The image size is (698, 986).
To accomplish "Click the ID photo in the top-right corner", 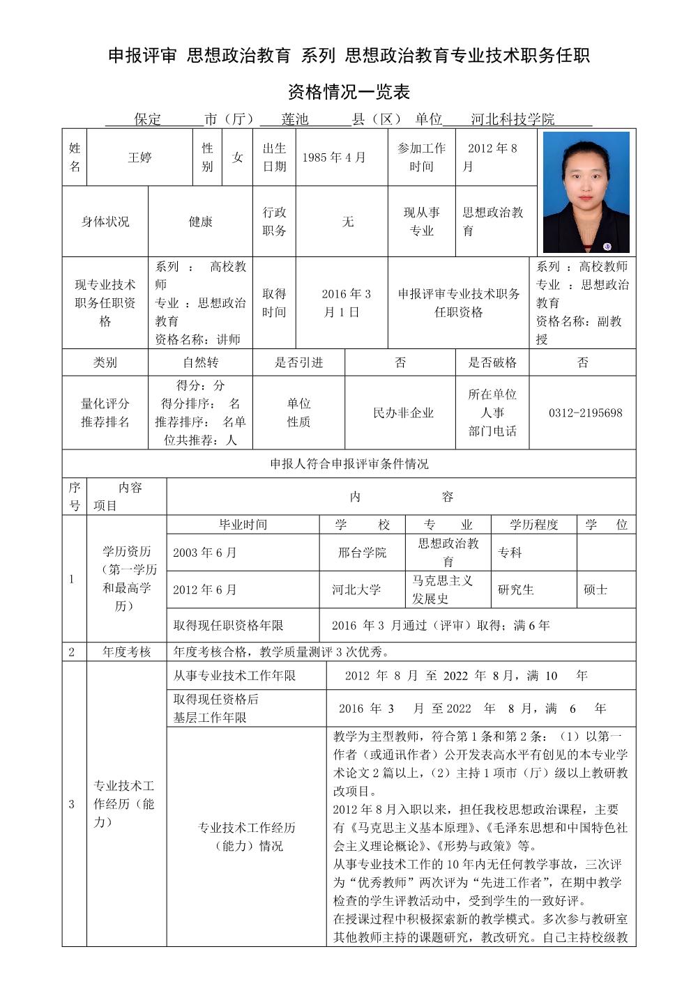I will [x=586, y=192].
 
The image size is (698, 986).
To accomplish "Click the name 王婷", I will [x=139, y=157].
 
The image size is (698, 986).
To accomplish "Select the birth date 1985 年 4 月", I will [x=333, y=157].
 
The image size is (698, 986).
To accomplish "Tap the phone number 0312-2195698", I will [x=585, y=413].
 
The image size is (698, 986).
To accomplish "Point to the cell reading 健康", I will [x=200, y=222].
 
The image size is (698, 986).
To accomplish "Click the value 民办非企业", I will [x=403, y=413].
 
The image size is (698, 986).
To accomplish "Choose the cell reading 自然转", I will [x=200, y=362].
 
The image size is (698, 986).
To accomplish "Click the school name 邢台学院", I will [x=362, y=553].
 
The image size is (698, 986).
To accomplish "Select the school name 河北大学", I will [x=356, y=590].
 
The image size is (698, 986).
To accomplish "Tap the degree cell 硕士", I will [x=595, y=590].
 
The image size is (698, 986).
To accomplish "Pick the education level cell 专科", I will [x=510, y=553].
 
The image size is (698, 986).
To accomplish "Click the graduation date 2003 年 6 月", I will [x=205, y=553].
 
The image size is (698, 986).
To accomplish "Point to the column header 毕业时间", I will [x=243, y=525].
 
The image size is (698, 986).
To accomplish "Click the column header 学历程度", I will [x=533, y=525].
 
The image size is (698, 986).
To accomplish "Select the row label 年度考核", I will [x=126, y=652].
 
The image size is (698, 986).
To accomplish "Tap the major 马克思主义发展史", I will [x=442, y=590].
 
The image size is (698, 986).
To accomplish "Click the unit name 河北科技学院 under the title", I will [x=513, y=119].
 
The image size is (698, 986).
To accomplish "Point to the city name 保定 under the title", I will [x=148, y=119].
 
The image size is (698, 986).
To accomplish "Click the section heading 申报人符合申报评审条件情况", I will [x=349, y=464].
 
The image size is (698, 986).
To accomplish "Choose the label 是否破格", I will [x=492, y=362].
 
